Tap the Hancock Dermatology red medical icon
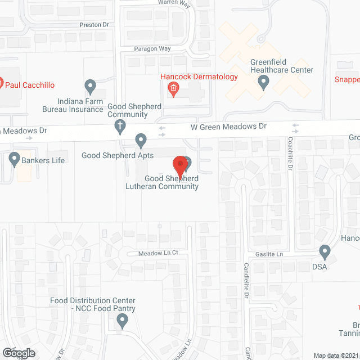tap(174, 88)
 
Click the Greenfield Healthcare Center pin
tap(263, 83)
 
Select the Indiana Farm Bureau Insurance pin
tap(90, 87)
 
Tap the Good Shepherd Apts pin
tap(141, 139)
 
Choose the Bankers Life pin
tap(15, 160)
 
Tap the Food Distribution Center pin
tap(122, 321)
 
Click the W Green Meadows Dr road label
tap(228, 127)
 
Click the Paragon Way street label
tap(152, 48)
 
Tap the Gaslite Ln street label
tap(274, 254)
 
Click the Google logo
tap(18, 353)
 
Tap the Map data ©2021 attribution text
tap(336, 355)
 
